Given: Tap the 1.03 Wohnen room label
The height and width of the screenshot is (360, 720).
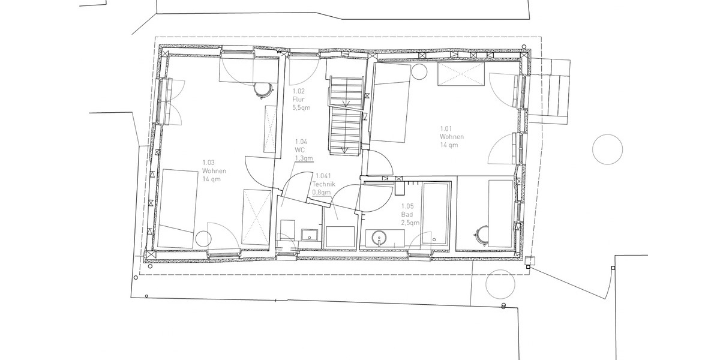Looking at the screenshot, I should pyautogui.click(x=214, y=170).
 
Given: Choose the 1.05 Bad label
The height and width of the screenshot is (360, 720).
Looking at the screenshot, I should pyautogui.click(x=409, y=214).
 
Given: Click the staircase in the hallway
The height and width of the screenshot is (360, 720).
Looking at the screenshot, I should pyautogui.click(x=346, y=115).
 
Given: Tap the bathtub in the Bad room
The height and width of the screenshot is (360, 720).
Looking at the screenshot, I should pyautogui.click(x=436, y=214).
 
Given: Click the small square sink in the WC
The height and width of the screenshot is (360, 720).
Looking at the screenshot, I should pyautogui.click(x=310, y=234).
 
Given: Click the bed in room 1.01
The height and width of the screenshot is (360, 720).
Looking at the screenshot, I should pyautogui.click(x=391, y=103).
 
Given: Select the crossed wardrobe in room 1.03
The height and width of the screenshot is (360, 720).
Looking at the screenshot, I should pyautogui.click(x=256, y=217).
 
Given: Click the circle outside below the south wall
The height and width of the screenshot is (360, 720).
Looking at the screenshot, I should pyautogui.click(x=500, y=283).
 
